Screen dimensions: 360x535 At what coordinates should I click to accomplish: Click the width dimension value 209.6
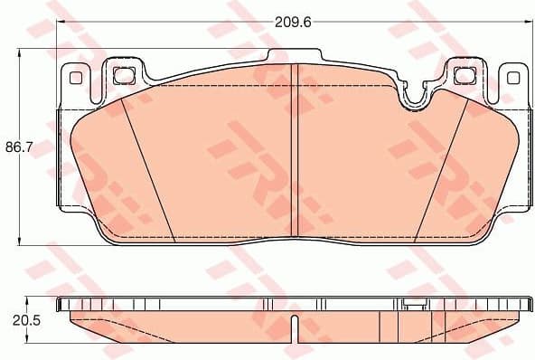(x=295, y=21)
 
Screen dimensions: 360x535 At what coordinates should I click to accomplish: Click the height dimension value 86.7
(x=18, y=145)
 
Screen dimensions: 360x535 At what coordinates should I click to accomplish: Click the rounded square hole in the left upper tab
(x=124, y=74)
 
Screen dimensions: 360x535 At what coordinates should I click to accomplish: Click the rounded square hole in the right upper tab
(x=466, y=75)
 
